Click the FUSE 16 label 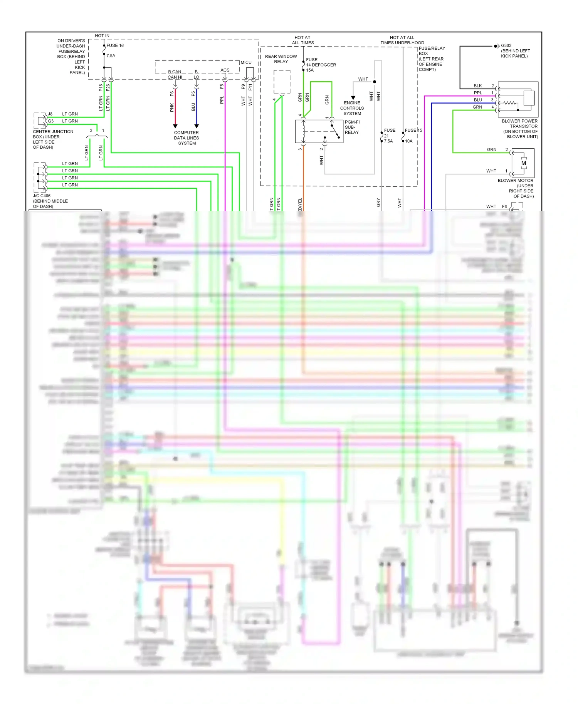point(115,45)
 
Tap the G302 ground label point(506,45)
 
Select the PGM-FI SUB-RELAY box point(319,131)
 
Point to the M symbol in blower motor point(524,163)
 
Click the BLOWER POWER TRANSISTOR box point(518,99)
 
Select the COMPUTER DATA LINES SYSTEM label point(187,138)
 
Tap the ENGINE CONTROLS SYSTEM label point(352,108)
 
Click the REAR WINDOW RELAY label point(281,59)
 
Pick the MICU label point(246,62)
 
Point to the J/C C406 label point(42,196)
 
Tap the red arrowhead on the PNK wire point(175,126)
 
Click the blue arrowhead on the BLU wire point(197,126)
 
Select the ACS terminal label point(225,70)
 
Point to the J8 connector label point(50,114)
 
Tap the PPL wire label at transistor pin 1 point(478,93)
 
